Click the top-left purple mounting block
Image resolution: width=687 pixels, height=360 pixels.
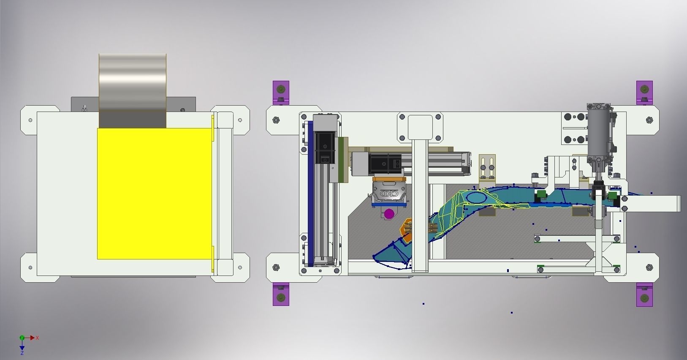(x=281, y=92)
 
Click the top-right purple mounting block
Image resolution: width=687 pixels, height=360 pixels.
(x=644, y=91)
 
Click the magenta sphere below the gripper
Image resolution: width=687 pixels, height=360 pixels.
(x=389, y=214)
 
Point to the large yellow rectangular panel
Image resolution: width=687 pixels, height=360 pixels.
(x=154, y=194)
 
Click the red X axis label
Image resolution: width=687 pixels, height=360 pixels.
(x=38, y=338)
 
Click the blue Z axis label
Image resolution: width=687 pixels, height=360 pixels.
(x=22, y=353)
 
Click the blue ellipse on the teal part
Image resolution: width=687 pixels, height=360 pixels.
(x=476, y=196)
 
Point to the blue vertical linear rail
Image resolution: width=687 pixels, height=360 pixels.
(x=310, y=194)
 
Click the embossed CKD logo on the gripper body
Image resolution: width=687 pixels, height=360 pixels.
(x=389, y=194)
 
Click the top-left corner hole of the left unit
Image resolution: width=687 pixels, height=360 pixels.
(x=30, y=120)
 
